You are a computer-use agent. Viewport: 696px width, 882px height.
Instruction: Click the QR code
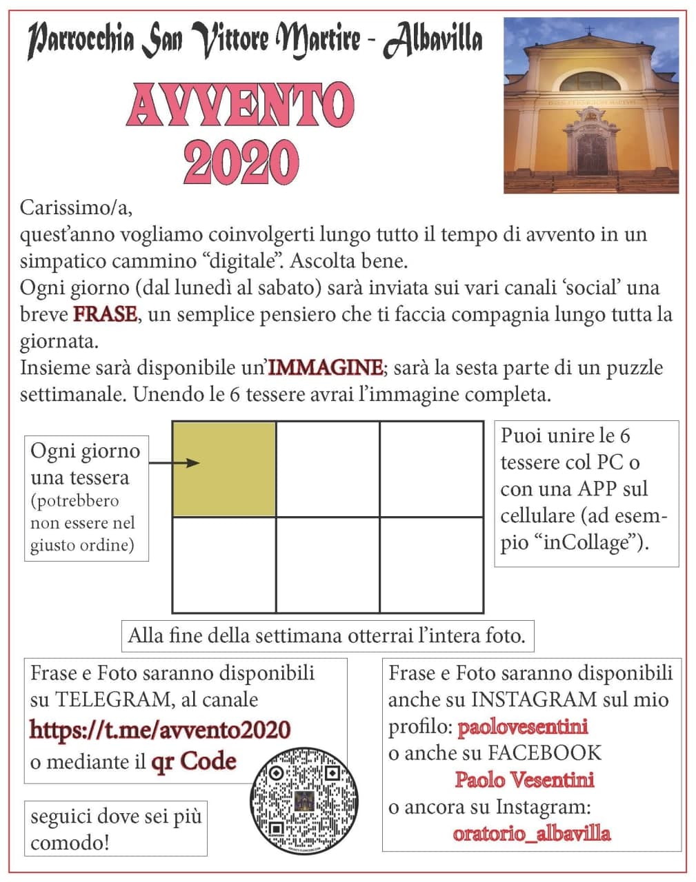(x=304, y=799)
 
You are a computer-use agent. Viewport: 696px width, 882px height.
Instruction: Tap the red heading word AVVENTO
(x=240, y=106)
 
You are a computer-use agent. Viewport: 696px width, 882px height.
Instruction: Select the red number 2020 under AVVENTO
(x=241, y=162)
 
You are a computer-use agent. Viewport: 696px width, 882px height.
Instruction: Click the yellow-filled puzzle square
(x=223, y=469)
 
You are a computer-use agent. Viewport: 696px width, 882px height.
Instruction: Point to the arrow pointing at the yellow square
(x=174, y=463)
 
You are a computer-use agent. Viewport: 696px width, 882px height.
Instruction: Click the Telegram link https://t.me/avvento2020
(x=159, y=730)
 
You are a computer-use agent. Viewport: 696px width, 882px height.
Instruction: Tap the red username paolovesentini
(x=523, y=726)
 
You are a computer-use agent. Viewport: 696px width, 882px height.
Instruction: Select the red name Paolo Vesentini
(x=524, y=780)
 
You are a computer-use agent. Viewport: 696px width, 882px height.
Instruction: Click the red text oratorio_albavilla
(x=531, y=833)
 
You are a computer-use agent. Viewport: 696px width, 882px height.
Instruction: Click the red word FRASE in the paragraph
(x=105, y=314)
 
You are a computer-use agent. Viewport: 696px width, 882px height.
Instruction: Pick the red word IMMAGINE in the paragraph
(x=325, y=367)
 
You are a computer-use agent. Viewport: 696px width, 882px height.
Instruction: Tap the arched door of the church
(x=592, y=153)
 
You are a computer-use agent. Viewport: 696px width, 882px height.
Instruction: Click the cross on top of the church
(x=590, y=31)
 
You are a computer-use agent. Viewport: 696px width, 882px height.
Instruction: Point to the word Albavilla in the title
(x=432, y=40)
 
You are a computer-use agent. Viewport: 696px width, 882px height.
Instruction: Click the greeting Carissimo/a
(x=76, y=207)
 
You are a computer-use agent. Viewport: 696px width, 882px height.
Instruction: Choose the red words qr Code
(x=194, y=761)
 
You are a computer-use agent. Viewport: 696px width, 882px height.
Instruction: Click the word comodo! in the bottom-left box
(x=70, y=842)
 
